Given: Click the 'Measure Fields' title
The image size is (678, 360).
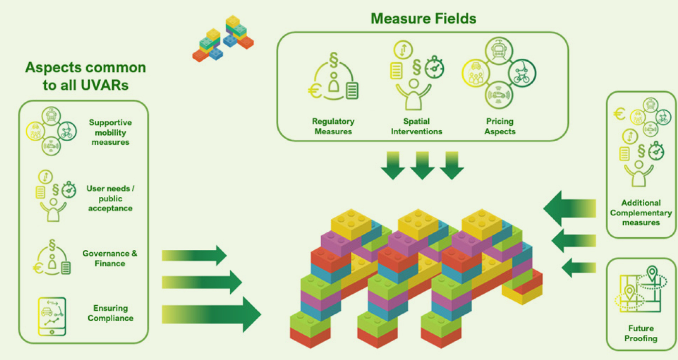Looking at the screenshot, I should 423,19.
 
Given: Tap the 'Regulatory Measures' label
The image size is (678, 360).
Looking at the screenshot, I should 333,126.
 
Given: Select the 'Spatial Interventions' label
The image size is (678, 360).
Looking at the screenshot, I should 416,126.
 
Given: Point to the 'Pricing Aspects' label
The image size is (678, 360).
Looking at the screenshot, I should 499,126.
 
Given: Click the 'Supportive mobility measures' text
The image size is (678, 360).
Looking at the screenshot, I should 110,132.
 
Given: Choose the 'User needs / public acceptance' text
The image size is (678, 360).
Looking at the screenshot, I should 110,198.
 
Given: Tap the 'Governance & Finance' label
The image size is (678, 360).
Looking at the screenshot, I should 110,258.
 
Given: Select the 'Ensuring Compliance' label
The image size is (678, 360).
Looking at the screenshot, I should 111,313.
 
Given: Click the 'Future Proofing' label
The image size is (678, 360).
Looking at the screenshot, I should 641,333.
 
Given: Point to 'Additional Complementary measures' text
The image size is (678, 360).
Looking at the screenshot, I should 641,212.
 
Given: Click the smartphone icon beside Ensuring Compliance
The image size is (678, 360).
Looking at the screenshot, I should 52,316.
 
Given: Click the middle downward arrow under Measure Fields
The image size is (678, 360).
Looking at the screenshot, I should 422,165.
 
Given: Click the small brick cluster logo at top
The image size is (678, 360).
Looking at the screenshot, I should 223,39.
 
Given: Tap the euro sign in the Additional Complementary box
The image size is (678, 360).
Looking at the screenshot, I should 619,114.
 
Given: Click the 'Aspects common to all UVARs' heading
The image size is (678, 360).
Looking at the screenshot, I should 85,76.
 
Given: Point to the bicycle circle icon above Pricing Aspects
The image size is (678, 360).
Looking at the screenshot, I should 522,73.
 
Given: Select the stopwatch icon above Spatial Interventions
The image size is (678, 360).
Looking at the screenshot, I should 434,68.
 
